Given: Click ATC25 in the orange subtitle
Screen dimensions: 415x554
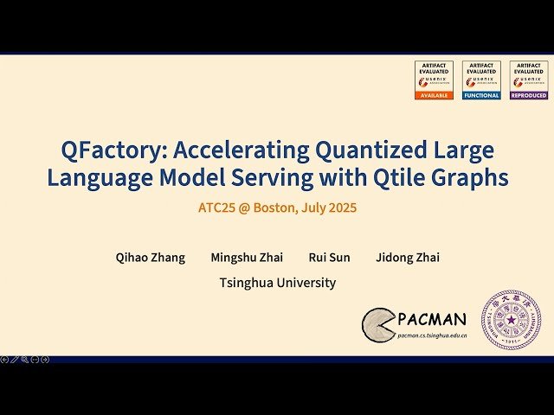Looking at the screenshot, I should [x=216, y=207].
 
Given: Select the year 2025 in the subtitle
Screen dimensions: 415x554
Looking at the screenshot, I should [x=340, y=207].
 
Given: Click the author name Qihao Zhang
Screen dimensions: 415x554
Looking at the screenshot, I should [x=151, y=258].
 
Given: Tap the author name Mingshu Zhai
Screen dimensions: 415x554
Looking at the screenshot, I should [x=247, y=258].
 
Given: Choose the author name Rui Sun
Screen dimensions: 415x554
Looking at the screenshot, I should [x=329, y=258].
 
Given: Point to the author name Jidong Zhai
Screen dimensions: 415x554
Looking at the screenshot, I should [x=407, y=258].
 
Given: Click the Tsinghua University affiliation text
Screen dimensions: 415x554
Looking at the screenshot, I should [x=278, y=283].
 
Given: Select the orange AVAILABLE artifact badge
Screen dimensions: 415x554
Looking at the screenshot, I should [x=434, y=80].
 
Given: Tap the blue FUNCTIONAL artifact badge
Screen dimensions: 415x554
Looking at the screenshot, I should [x=481, y=80].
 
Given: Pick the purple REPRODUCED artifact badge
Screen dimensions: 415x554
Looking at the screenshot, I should [x=528, y=80].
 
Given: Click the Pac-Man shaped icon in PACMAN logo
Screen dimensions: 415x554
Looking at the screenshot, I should [x=377, y=323].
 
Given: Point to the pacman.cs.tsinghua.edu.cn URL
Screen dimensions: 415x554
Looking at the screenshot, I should [x=433, y=335].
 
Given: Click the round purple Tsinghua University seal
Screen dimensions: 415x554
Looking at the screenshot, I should [x=511, y=320].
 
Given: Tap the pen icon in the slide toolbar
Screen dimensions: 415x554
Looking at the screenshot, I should [x=14, y=359].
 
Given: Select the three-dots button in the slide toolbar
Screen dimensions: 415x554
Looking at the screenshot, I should [x=35, y=359].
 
